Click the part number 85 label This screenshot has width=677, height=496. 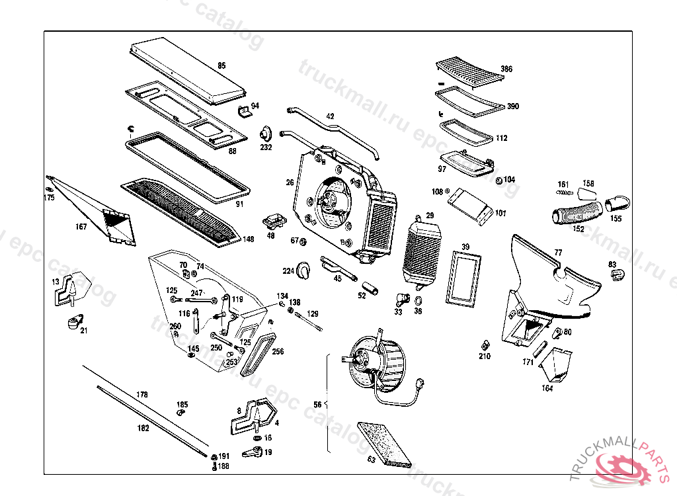coord(221,65)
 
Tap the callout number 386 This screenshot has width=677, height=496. coord(506,69)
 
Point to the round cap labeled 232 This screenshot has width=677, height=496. coord(266,133)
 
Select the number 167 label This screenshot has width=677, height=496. coord(81,227)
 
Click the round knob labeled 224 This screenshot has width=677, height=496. coord(304,269)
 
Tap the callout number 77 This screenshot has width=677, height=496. coord(558,253)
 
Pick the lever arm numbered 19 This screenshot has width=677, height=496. coord(254,452)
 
